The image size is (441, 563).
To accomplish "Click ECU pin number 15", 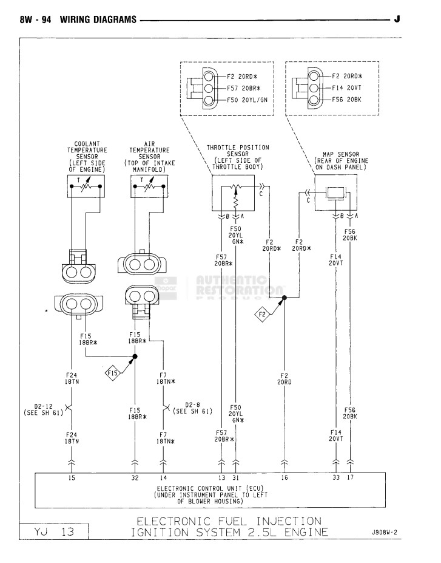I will (72, 478).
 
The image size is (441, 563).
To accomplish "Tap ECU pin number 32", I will (135, 478).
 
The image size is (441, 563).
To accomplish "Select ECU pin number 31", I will (237, 478).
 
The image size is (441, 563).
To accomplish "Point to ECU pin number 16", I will (284, 478).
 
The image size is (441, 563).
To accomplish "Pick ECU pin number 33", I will (336, 478).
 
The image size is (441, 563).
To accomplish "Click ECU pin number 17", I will (351, 478).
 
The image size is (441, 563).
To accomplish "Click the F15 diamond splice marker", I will (113, 372).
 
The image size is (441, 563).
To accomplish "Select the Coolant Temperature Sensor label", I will (87, 157).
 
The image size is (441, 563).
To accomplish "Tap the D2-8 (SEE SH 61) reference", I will (192, 408).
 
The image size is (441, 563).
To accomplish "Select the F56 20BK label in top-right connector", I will (346, 100).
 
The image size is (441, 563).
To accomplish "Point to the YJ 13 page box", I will (54, 532).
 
